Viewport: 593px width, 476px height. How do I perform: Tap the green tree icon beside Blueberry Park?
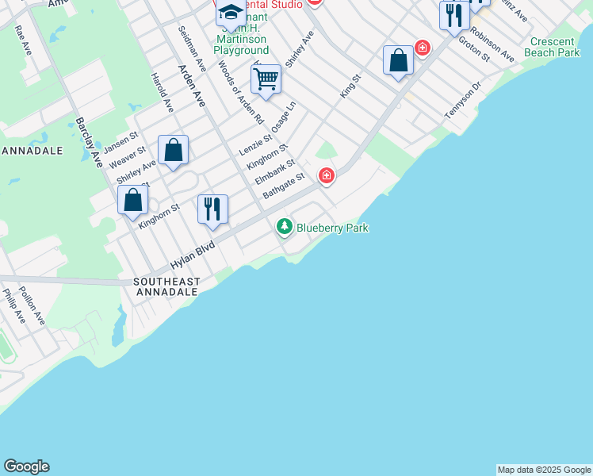click(285, 228)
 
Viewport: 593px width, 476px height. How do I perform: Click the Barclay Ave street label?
click(90, 142)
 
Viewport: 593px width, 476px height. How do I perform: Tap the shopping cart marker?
click(266, 79)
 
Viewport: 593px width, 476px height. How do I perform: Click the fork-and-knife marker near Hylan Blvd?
click(212, 209)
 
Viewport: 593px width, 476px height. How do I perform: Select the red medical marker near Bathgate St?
click(326, 175)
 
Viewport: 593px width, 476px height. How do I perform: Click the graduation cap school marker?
click(231, 13)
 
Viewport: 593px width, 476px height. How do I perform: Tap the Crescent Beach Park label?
click(555, 47)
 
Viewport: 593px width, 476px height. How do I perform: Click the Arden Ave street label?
click(192, 86)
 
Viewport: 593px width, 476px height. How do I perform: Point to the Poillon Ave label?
click(33, 306)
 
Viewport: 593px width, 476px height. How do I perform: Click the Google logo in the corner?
click(26, 466)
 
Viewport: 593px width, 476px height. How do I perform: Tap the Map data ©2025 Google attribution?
click(544, 470)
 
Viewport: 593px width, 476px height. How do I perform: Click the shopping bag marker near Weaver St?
click(173, 150)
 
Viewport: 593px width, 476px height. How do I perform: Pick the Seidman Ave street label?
click(193, 48)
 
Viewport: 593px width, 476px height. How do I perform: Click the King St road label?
click(350, 86)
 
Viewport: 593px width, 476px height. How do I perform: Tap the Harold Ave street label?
click(162, 93)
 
